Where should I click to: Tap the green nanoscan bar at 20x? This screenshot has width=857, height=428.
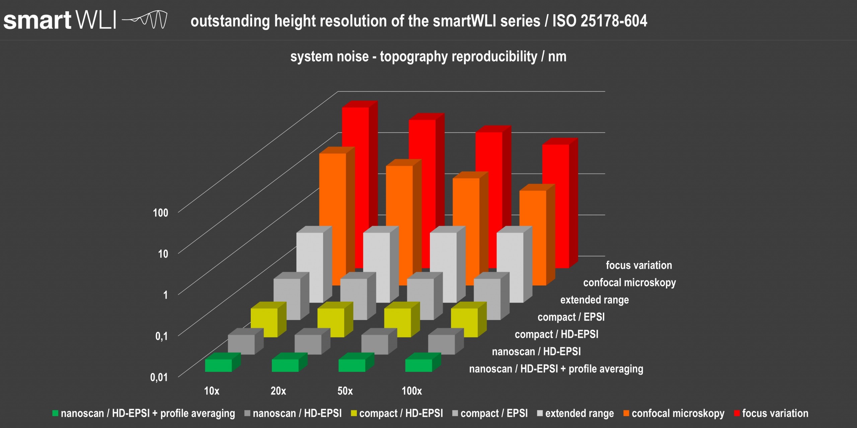(x=285, y=365)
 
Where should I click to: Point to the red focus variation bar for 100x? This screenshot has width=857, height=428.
(x=556, y=201)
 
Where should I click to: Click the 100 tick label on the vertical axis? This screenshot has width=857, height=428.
(x=160, y=213)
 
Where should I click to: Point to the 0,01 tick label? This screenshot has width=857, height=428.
(x=159, y=377)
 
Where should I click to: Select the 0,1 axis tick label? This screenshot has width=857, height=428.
(x=161, y=336)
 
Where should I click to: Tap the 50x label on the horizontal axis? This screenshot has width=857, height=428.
(x=345, y=391)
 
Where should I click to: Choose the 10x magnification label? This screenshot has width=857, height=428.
(x=212, y=391)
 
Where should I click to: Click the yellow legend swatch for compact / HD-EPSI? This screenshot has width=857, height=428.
(x=354, y=413)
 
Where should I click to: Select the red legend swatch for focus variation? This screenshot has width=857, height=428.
(x=736, y=413)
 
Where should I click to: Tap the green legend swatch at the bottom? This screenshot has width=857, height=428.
(x=55, y=413)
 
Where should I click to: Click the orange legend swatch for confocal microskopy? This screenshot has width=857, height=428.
(x=626, y=413)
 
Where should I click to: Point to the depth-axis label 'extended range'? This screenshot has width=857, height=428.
(x=595, y=300)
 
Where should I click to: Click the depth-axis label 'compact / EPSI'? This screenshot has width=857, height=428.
(x=571, y=317)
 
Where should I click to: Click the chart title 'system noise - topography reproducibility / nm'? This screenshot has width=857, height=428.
(x=428, y=57)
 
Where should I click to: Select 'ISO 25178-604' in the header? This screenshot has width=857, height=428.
(x=600, y=21)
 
